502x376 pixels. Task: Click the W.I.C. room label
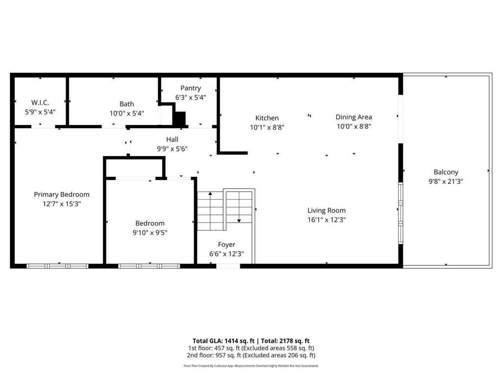40,102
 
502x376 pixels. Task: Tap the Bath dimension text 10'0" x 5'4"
126,113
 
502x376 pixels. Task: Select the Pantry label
191,88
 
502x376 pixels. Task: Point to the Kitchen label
267,118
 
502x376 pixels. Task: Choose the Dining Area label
353,117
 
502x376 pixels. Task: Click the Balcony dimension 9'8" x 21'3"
446,181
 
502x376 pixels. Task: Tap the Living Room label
326,211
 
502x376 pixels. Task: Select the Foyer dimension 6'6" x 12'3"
226,254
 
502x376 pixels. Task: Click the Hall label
172,140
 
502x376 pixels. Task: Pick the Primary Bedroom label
62,194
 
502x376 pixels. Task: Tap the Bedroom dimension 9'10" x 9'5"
150,233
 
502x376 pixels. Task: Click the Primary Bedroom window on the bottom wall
57,266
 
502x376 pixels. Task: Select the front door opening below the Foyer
228,266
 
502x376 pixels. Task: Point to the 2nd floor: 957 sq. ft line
251,355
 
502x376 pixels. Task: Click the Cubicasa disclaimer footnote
251,366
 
